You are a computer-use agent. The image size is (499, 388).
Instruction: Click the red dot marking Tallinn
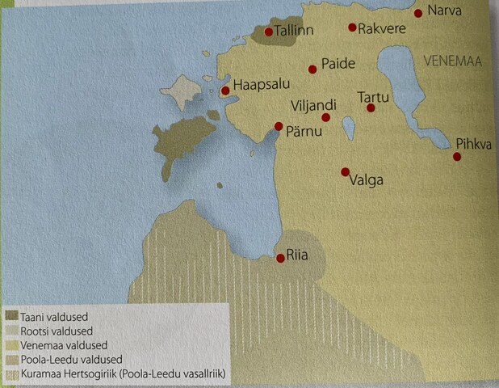click(x=268, y=32)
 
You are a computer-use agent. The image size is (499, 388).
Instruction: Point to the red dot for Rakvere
click(x=352, y=27)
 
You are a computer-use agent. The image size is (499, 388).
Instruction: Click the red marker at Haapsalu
click(x=225, y=91)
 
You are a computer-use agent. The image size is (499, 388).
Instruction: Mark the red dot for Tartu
click(x=371, y=108)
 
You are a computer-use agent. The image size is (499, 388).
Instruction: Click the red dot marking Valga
click(x=345, y=171)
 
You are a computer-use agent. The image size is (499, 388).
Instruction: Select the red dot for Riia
click(x=279, y=258)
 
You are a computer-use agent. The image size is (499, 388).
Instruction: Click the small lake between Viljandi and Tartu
click(x=348, y=127)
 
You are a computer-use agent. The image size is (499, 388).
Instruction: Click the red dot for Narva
click(x=418, y=13)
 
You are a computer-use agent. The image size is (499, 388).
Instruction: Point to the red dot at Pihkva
click(x=457, y=157)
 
